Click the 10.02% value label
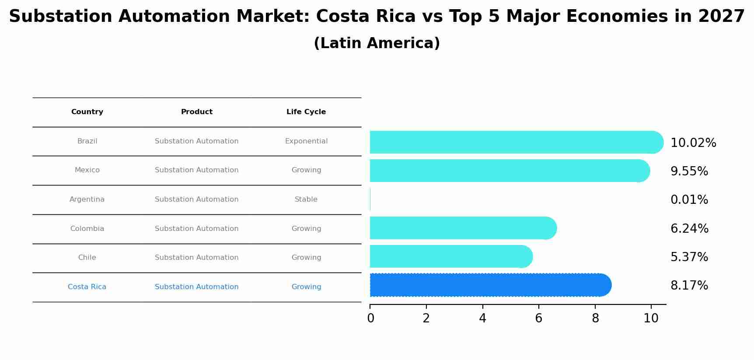click(x=693, y=143)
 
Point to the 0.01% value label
click(x=689, y=200)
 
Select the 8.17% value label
click(x=689, y=286)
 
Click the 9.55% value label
click(x=689, y=171)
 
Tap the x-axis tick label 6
click(x=538, y=318)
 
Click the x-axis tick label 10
click(x=651, y=318)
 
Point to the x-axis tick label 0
click(x=370, y=318)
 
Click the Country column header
click(x=87, y=112)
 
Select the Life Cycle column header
click(x=306, y=112)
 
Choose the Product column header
click(x=197, y=112)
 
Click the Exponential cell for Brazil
click(x=306, y=141)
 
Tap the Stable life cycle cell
click(x=306, y=199)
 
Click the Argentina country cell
click(x=87, y=199)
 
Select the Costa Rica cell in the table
click(x=87, y=287)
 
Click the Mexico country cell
click(x=87, y=170)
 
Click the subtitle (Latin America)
click(x=377, y=43)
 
